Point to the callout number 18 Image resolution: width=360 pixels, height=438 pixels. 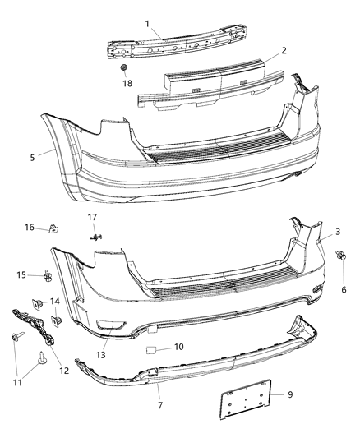coord(127,84)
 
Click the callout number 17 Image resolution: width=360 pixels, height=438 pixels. coord(93,217)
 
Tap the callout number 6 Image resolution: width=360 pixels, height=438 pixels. coord(344,289)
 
